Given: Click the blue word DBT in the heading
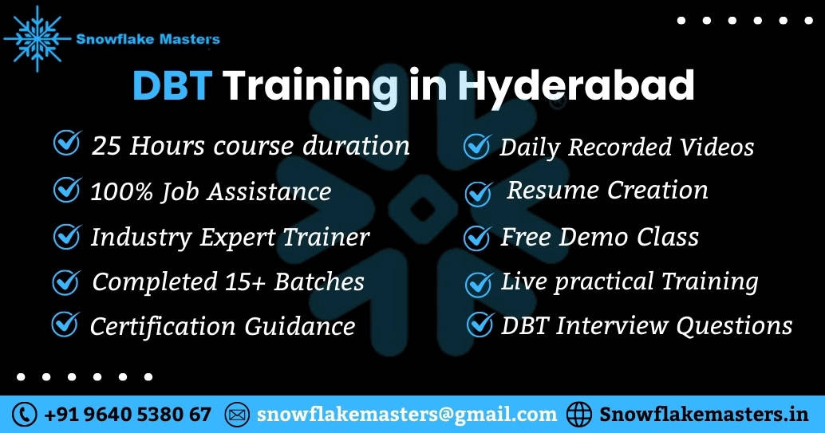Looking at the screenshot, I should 172,86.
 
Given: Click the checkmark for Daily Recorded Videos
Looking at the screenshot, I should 477,146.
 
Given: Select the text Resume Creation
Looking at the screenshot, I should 607,190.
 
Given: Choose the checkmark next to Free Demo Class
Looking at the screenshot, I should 477,237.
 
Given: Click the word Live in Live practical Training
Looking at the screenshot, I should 523,281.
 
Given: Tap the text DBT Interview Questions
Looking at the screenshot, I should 646,325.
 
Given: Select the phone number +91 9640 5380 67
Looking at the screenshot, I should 128,415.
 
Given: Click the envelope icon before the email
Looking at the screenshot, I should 238,415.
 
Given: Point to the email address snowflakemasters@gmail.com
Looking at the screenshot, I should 406,415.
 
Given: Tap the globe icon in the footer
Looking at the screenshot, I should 580,415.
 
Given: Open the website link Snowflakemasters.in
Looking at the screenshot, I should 704,415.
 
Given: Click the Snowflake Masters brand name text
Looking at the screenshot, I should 148,37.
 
